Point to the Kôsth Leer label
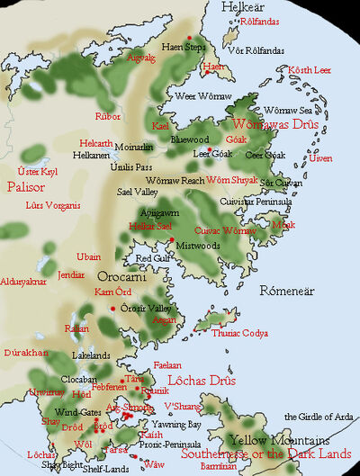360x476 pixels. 310,70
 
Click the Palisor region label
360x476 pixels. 24,187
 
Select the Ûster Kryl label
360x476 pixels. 38,170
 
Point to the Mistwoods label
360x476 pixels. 198,244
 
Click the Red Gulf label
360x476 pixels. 151,258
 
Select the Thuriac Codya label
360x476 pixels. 238,334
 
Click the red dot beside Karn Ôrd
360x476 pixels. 112,309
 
